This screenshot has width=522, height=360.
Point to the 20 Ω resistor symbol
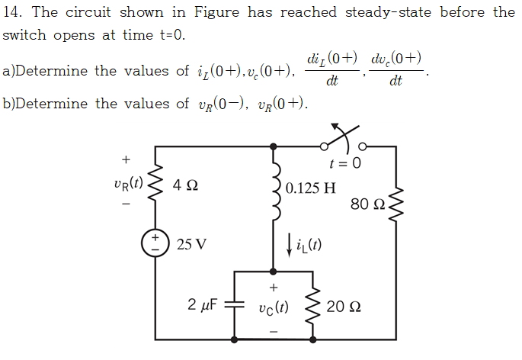click(x=311, y=307)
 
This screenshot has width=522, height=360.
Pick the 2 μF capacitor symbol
click(x=234, y=307)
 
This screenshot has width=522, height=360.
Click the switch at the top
click(x=343, y=142)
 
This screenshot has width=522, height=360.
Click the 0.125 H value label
click(x=311, y=187)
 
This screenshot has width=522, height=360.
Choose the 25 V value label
click(x=191, y=245)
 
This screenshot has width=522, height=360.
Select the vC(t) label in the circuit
click(x=272, y=310)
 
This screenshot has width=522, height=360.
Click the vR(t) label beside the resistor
click(x=125, y=183)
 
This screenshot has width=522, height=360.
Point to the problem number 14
click(x=13, y=11)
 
